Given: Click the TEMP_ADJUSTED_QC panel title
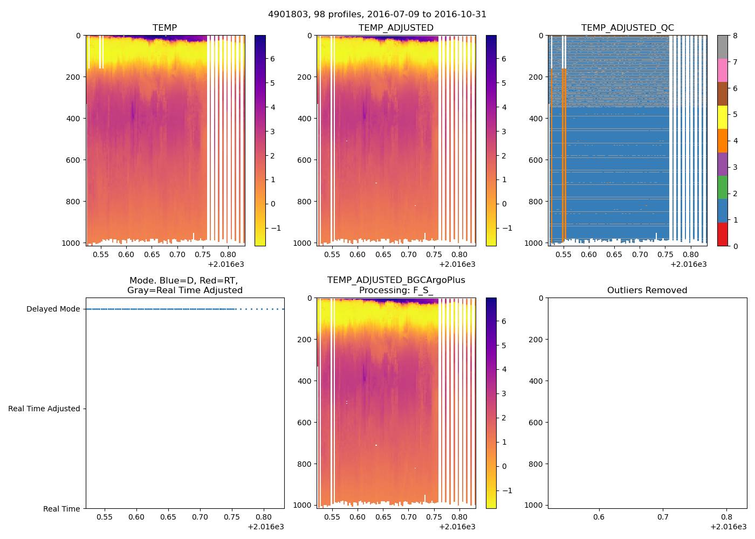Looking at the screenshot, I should click(x=627, y=27).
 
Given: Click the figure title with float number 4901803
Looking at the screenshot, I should click(x=377, y=15).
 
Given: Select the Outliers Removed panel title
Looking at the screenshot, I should click(x=647, y=290).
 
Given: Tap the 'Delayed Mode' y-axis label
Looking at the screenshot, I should click(x=53, y=309).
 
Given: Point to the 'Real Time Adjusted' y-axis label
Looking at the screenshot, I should click(x=44, y=409).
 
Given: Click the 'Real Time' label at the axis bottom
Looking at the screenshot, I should click(x=61, y=509).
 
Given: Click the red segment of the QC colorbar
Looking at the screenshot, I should click(x=722, y=234).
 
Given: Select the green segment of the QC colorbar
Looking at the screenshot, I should click(x=722, y=188).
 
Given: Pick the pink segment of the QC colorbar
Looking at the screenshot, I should click(x=722, y=71).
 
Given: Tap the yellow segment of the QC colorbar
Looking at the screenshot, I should click(x=722, y=118).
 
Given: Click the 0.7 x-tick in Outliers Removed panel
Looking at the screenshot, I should click(x=663, y=517).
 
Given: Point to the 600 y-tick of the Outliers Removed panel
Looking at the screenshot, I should click(x=537, y=423).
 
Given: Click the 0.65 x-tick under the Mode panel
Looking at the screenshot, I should click(x=168, y=517).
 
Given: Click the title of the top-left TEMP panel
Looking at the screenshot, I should click(x=164, y=27).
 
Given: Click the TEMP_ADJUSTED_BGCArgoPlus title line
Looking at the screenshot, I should click(x=396, y=280).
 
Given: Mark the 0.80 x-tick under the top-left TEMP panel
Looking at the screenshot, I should click(x=228, y=254).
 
